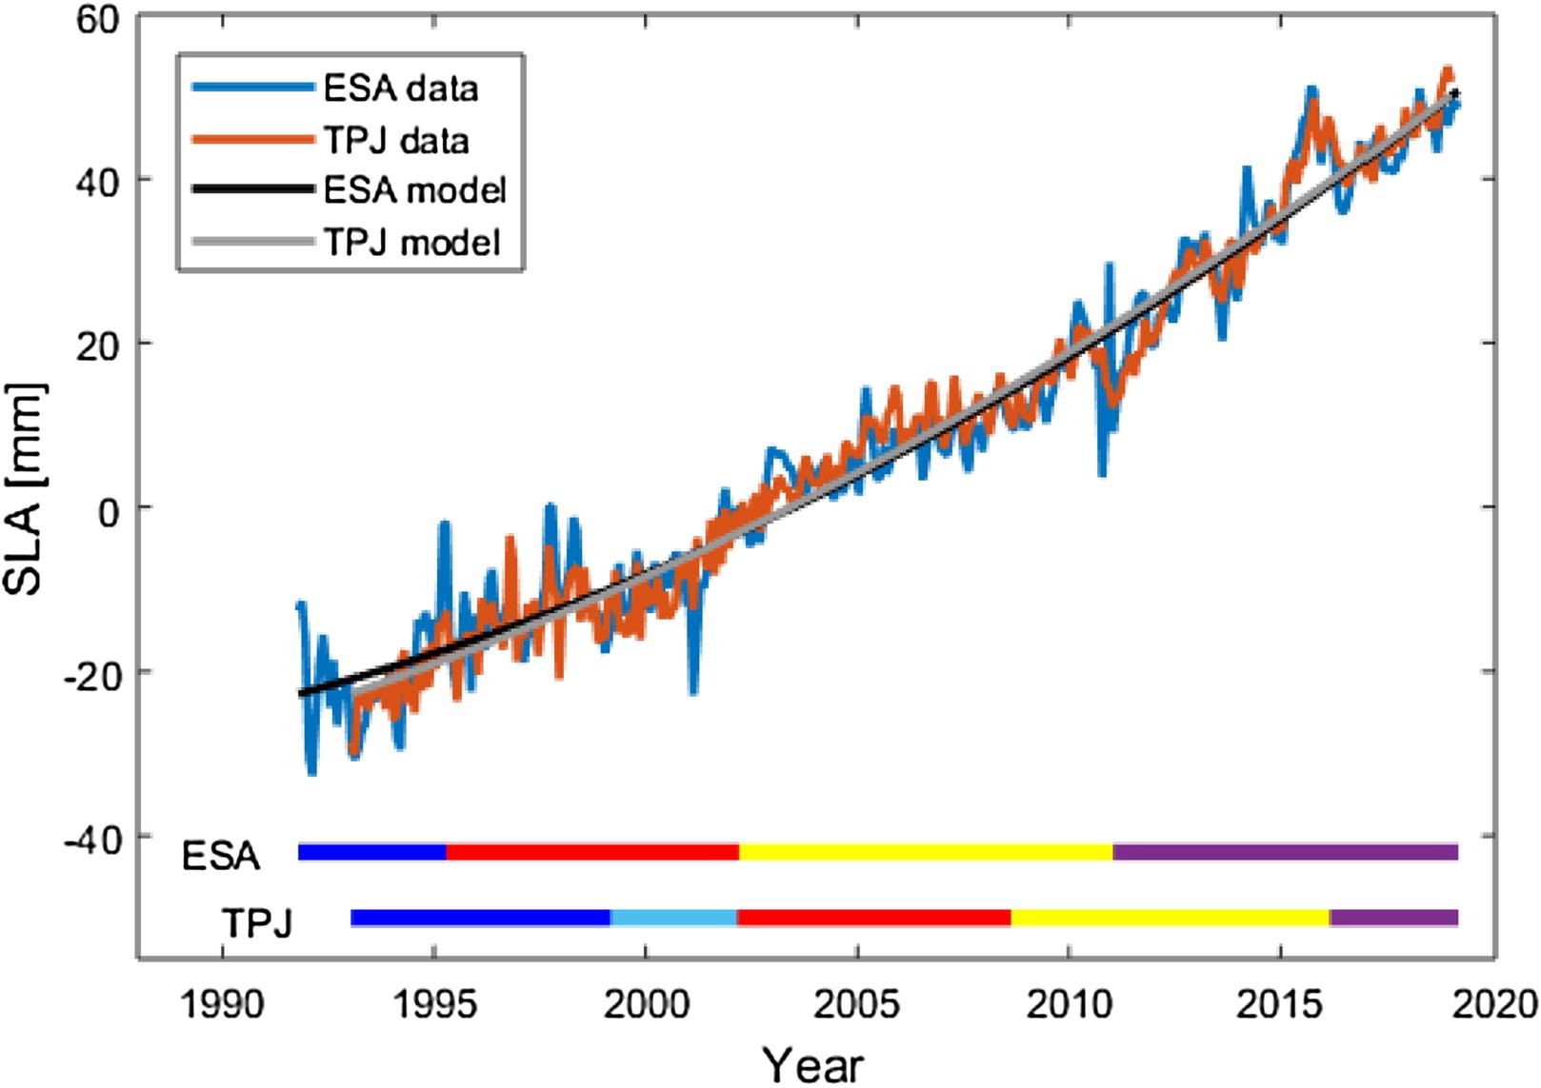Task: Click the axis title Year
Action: (812, 1063)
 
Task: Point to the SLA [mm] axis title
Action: (24, 489)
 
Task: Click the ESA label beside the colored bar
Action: (221, 856)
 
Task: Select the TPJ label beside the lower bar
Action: (256, 921)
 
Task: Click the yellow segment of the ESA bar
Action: (926, 851)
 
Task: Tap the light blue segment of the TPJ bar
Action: (673, 918)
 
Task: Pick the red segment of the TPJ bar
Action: (873, 918)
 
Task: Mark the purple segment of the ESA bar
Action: (1285, 851)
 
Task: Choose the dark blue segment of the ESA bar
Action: (372, 851)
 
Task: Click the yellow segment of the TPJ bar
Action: (1170, 918)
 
